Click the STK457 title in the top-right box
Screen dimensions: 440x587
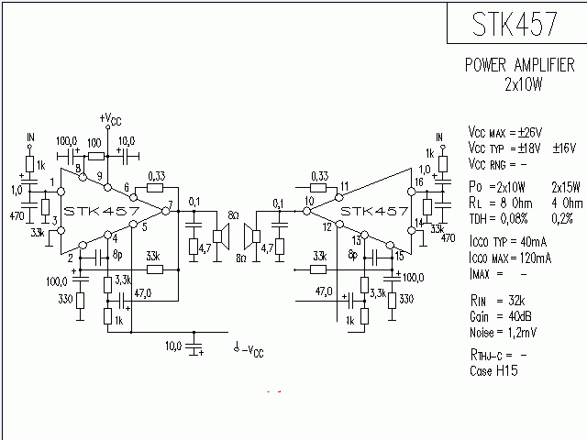pyautogui.click(x=515, y=25)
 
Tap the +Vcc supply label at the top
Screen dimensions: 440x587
pyautogui.click(x=108, y=119)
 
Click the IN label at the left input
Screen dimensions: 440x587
pyautogui.click(x=29, y=137)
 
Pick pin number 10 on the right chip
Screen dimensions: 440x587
pyautogui.click(x=309, y=201)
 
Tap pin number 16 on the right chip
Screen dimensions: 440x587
pyautogui.click(x=418, y=182)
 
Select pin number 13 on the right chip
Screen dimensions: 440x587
pyautogui.click(x=356, y=239)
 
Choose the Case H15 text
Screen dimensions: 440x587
pyautogui.click(x=493, y=371)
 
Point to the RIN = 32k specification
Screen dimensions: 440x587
pyautogui.click(x=496, y=301)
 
